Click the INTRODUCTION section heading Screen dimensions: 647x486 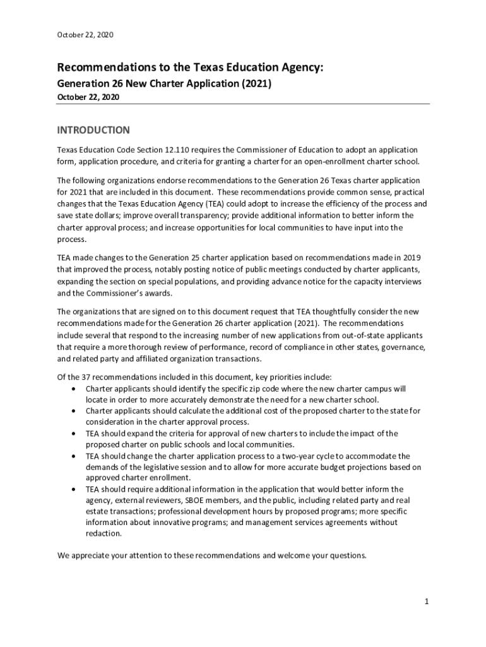(x=93, y=130)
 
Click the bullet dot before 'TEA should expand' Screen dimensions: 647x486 (x=76, y=433)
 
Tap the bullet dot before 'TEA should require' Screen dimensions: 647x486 (x=76, y=489)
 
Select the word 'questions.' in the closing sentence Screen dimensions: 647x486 (x=346, y=555)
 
